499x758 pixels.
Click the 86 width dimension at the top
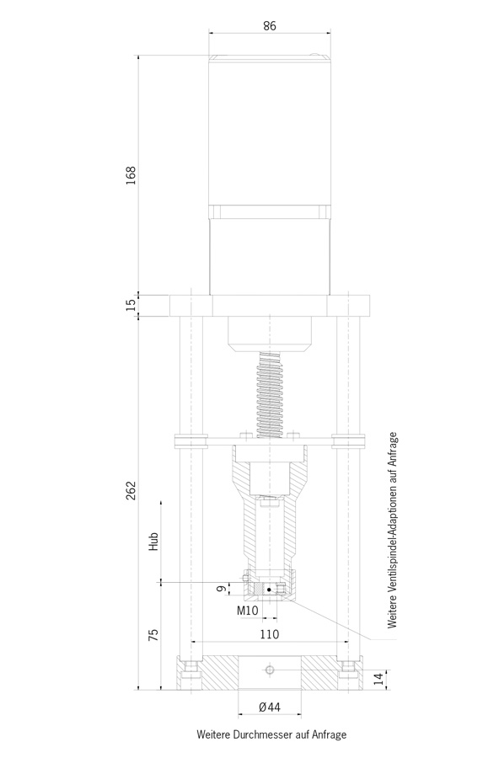point(270,25)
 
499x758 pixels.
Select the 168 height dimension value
point(131,175)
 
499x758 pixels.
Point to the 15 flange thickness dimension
point(131,305)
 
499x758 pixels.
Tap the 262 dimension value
point(131,491)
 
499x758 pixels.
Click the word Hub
point(153,542)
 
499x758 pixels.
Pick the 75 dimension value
point(153,635)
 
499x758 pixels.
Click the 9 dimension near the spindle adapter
point(220,589)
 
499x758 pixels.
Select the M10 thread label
point(248,610)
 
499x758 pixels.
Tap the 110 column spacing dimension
point(270,633)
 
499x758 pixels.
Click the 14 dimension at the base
point(381,679)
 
